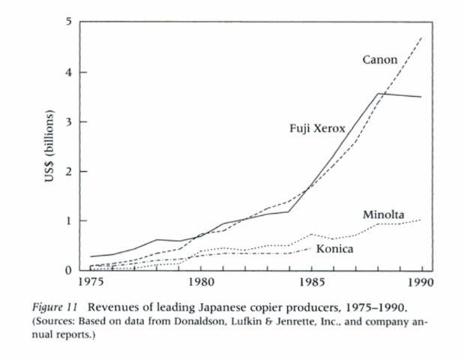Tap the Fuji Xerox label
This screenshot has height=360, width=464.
tap(317, 128)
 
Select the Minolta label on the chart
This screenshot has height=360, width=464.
tap(385, 216)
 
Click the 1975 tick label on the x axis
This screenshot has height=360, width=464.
tap(90, 284)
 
